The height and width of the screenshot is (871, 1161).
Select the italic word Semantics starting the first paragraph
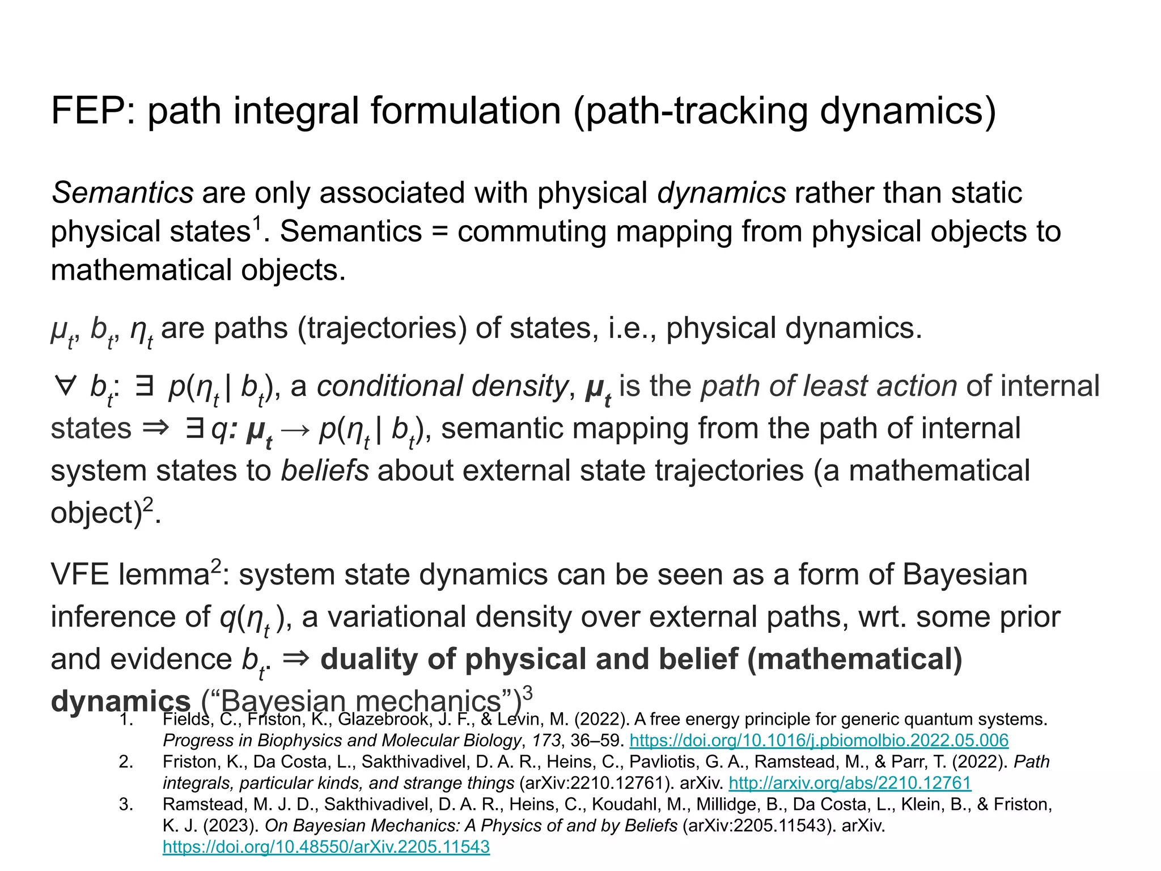pos(122,193)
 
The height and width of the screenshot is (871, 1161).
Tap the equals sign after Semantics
pos(439,231)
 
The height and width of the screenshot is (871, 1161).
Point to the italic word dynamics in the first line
pos(721,193)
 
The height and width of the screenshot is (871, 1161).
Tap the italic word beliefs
pos(325,471)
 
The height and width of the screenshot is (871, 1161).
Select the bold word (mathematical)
pos(855,659)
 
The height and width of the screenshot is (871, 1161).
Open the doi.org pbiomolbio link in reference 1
pos(819,740)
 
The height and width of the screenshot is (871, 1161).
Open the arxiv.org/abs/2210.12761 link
pos(850,783)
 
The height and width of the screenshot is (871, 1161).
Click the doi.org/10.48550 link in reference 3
pos(326,847)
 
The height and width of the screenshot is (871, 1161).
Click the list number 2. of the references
pos(126,762)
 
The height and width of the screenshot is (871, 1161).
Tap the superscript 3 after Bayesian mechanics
pos(528,693)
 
